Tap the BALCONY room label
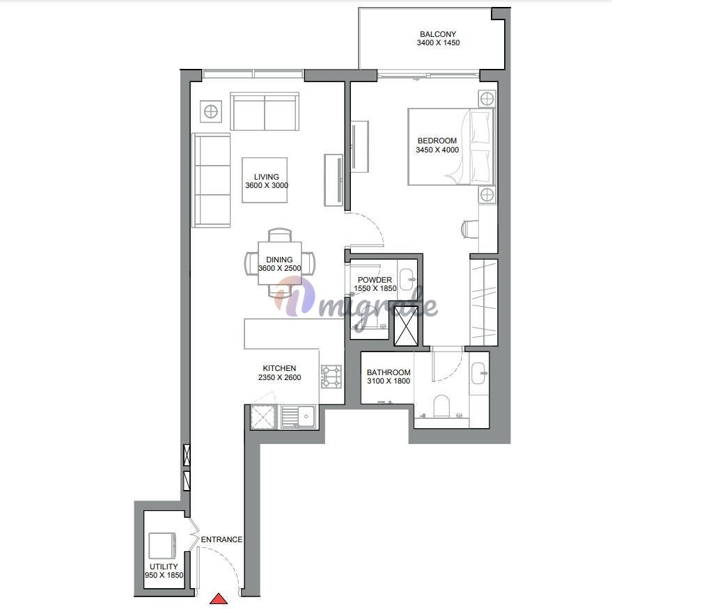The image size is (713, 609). coord(438,34)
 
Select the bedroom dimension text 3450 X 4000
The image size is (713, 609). coord(437,150)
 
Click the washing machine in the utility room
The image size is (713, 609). coord(163,545)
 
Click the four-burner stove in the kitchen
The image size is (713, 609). coord(332,377)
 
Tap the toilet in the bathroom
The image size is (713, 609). coord(441,406)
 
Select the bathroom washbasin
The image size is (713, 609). coord(478,373)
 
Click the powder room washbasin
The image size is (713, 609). coord(407,277)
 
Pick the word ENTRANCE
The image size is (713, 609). coord(221,539)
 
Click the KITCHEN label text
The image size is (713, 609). coord(279,368)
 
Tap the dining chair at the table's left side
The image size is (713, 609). coord(251,264)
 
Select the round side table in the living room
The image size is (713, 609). coord(211,111)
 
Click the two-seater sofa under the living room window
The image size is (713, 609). coord(265,112)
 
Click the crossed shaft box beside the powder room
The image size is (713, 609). coord(406,326)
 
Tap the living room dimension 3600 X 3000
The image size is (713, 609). coord(267,185)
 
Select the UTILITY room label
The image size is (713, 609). coord(164,567)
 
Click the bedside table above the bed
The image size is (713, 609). coord(487,98)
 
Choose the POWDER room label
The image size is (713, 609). coord(375,280)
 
